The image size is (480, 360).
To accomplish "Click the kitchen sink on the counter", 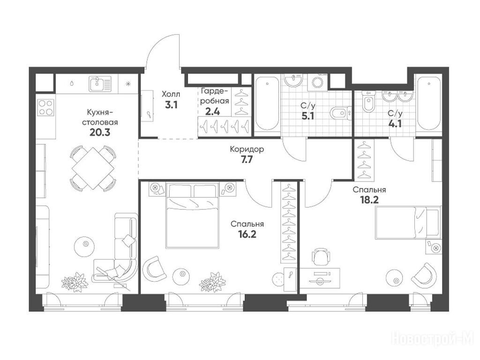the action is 100,83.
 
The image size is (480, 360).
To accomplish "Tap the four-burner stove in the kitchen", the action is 45,107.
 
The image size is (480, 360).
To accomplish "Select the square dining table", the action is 93,168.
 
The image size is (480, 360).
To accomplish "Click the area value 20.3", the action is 100,133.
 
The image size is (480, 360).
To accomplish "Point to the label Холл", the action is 171,94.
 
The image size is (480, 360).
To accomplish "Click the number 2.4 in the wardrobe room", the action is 212,111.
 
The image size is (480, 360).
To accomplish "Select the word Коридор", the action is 247,150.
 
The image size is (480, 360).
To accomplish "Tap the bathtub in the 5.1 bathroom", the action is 267,104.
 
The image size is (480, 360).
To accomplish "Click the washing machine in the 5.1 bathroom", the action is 317,82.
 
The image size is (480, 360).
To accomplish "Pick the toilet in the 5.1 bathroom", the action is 341,113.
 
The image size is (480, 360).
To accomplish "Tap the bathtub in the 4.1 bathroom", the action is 429,104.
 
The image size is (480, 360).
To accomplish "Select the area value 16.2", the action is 247,234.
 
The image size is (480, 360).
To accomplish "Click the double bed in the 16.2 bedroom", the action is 192,215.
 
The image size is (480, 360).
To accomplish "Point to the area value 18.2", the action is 369,200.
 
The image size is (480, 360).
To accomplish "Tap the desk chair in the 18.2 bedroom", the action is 321,257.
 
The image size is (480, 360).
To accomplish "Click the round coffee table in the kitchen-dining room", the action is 85,244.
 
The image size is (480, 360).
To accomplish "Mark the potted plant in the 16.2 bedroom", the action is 213,282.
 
